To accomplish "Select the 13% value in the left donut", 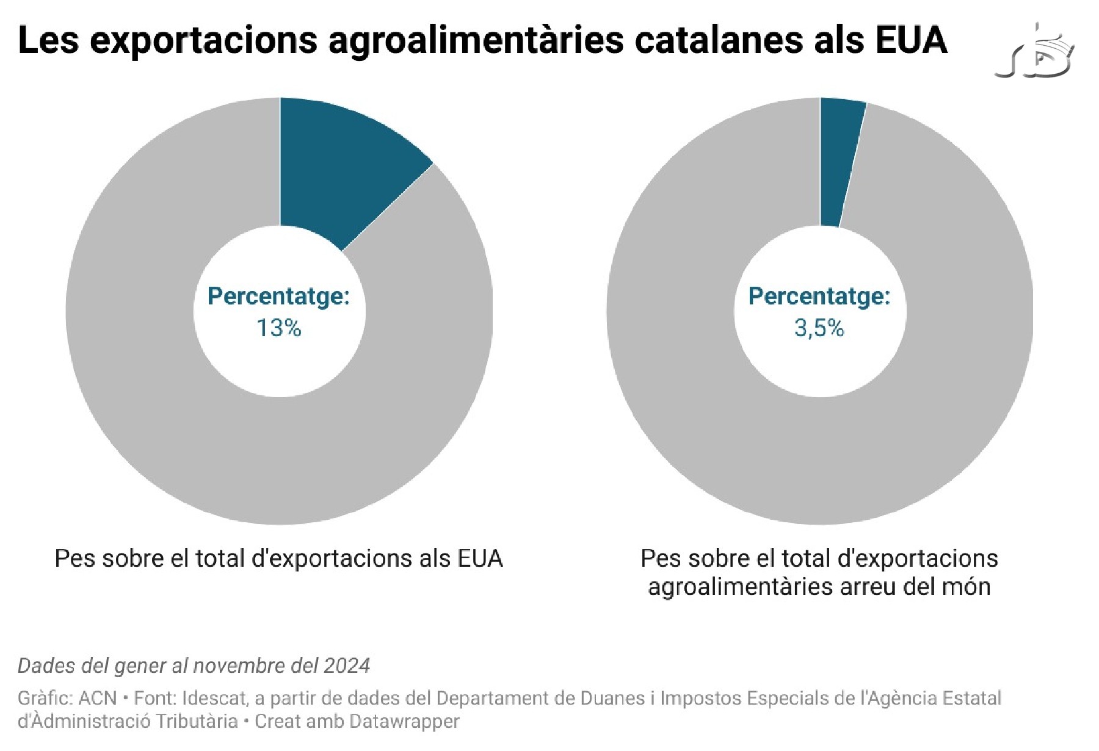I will tap(279, 328).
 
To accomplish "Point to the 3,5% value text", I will tap(819, 328).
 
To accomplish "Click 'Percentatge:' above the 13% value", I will tap(278, 296).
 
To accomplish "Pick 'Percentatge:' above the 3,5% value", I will tap(819, 296).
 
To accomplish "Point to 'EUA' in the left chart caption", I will tap(480, 558).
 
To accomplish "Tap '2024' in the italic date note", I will tap(347, 665).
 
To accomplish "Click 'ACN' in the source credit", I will tap(98, 698).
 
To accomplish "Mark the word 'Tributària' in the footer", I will tap(197, 721).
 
